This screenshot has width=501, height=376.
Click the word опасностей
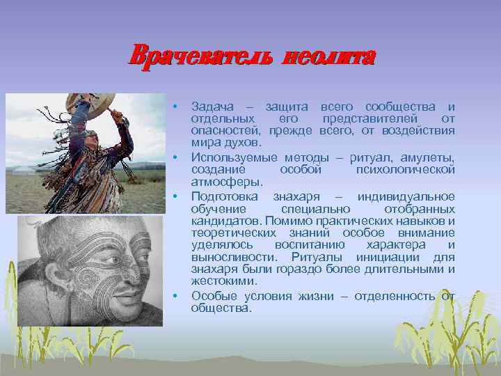(x=223, y=131)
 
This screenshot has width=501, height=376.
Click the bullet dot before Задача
(x=176, y=107)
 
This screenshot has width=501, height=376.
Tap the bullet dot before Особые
(x=176, y=296)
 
